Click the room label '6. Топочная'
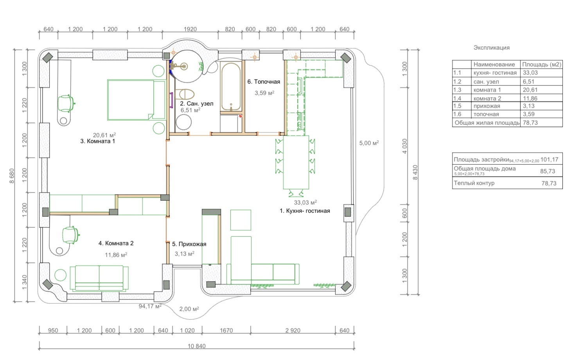pos(264,81)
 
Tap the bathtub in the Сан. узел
pos(231,87)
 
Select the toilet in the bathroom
pos(185,94)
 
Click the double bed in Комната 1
pos(136,100)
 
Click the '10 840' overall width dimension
pos(197,346)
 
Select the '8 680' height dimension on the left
pos(12,176)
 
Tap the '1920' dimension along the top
pos(190,29)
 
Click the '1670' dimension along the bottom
pos(226,330)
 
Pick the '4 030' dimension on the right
pos(404,146)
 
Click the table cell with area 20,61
pos(530,90)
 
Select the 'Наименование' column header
pos(494,65)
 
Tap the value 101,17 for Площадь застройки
pos(549,160)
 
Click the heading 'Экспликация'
pos(492,48)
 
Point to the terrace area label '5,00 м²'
pos(369,143)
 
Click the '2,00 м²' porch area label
pos(189,309)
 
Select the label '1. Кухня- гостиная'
pos(305,211)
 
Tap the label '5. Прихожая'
pos(189,244)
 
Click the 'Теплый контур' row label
pos(474,183)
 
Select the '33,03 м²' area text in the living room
pos(305,202)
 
